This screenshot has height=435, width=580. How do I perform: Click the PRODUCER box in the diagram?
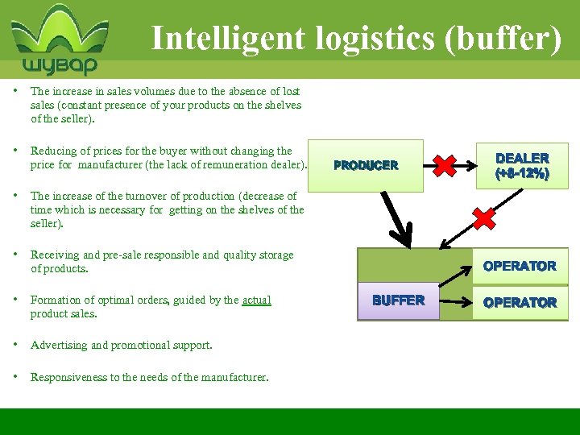point(366,165)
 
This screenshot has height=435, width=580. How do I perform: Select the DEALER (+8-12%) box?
point(522,166)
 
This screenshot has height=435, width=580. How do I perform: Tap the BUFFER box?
point(398,300)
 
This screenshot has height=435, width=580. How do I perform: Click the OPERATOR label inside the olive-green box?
point(520,266)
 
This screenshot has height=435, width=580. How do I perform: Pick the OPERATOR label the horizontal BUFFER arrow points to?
point(520,303)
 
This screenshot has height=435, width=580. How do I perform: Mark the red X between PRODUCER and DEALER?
point(444,165)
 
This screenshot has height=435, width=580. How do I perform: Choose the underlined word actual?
point(256,300)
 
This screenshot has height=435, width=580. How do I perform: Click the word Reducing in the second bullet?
point(53,151)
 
